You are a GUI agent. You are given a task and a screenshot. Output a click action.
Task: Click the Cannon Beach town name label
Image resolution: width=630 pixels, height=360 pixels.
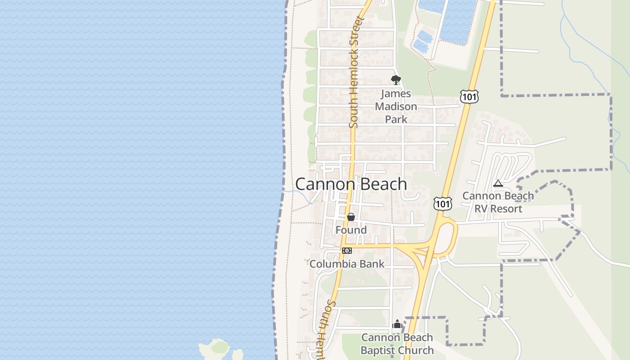tap(351, 184)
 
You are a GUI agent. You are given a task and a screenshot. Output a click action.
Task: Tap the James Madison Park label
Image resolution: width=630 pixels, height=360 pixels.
tap(396, 107)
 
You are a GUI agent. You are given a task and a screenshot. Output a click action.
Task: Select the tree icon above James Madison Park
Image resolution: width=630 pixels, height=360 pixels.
tap(396, 80)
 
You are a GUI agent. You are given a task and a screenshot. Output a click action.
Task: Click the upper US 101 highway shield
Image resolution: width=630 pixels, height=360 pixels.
tap(469, 96)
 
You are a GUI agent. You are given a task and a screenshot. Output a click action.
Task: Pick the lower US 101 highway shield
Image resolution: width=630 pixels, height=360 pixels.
tap(443, 203)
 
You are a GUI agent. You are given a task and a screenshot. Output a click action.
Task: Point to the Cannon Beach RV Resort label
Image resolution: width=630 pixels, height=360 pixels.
tap(498, 202)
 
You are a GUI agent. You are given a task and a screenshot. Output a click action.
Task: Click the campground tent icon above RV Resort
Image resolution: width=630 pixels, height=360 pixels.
tap(498, 184)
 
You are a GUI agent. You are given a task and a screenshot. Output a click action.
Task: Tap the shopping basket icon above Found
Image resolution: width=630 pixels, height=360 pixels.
tap(351, 217)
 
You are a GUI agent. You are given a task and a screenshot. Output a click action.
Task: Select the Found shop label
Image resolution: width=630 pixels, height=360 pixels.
tap(351, 230)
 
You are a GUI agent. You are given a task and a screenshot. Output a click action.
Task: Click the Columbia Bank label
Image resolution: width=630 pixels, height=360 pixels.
tap(347, 264)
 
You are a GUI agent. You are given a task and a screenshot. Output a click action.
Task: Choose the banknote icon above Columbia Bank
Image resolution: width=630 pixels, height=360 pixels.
tap(346, 251)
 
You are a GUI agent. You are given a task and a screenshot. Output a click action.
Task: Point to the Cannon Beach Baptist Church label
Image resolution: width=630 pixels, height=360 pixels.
tap(397, 344)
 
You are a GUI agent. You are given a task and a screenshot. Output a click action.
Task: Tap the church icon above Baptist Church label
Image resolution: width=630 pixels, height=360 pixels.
tap(397, 324)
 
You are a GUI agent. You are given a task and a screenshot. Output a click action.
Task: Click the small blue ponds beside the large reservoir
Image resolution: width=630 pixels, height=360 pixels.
tap(423, 40)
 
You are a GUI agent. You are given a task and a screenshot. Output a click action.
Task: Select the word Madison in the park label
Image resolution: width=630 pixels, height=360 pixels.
tap(396, 107)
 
